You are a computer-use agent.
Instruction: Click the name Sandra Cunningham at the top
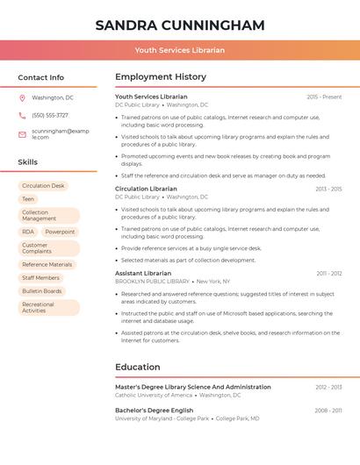(180, 25)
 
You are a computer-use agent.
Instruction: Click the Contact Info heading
(41, 77)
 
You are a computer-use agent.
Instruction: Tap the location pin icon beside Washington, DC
(22, 98)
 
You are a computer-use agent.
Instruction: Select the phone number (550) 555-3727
(50, 115)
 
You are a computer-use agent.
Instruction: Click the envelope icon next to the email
(22, 134)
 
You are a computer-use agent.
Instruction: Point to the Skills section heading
(28, 162)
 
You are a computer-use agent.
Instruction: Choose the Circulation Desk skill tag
(43, 186)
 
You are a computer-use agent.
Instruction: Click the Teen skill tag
(28, 199)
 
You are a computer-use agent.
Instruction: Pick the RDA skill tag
(28, 232)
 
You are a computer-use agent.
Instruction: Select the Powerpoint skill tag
(60, 232)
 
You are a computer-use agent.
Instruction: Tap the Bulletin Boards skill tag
(42, 290)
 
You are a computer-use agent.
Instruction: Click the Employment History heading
(161, 77)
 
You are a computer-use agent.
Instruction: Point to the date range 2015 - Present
(324, 97)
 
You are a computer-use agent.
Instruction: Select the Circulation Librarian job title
(146, 189)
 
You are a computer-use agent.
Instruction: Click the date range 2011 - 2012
(329, 274)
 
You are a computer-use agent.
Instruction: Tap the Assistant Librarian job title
(143, 273)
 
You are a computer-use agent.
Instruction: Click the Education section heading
(138, 367)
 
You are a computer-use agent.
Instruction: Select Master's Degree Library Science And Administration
(193, 387)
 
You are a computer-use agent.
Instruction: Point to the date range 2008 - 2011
(328, 411)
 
